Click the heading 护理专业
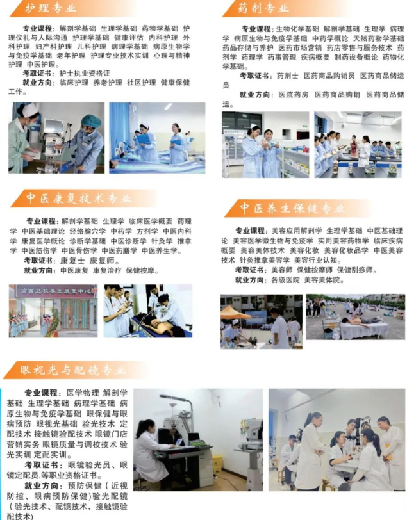(50, 8)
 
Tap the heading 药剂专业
(263, 8)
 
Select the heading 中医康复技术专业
(79, 198)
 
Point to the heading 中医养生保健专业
(292, 208)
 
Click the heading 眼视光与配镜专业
(72, 370)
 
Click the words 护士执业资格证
(85, 73)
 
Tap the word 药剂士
(288, 76)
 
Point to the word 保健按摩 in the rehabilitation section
(140, 271)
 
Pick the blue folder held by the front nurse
(144, 138)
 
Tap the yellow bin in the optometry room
(217, 464)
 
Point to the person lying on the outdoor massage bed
(360, 320)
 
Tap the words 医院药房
(293, 95)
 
